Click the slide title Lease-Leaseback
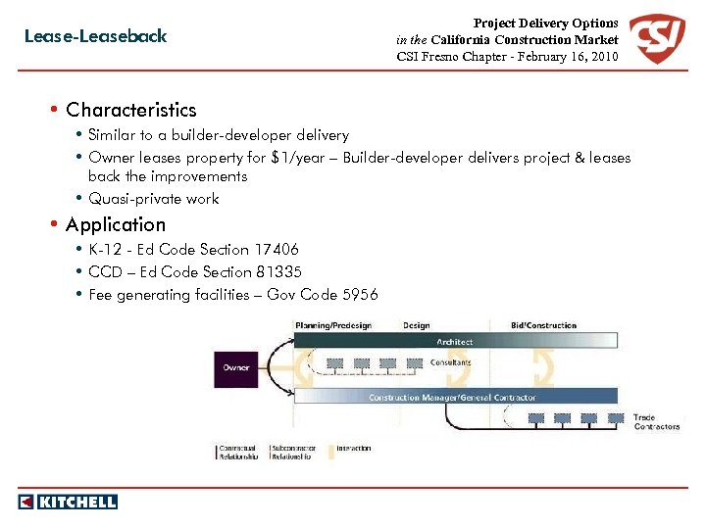(95, 36)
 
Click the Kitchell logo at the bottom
(68, 502)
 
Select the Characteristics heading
(130, 110)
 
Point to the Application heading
(116, 224)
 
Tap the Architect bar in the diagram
(455, 342)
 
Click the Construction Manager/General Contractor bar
(452, 397)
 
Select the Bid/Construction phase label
(544, 325)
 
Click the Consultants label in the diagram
(451, 362)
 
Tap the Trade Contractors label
(656, 422)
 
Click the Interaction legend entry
(354, 449)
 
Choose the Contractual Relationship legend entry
(238, 453)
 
